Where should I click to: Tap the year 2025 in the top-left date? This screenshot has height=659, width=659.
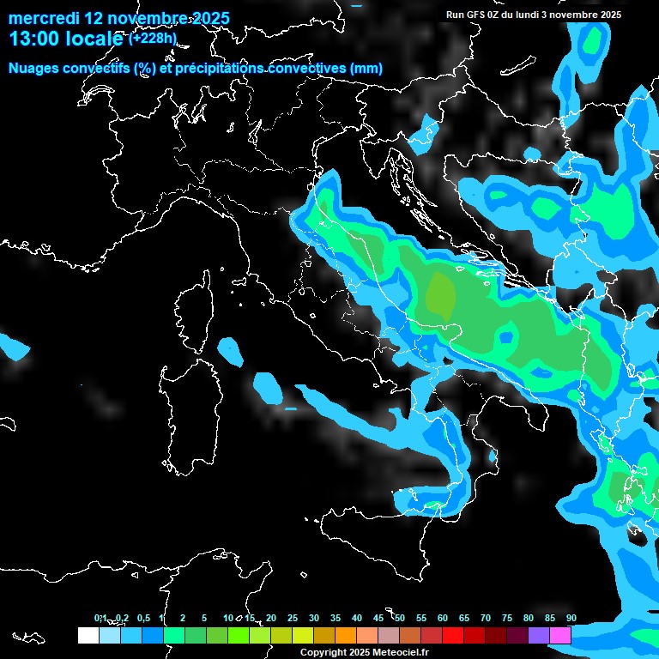coord(210,17)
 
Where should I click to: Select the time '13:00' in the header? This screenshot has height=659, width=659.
coord(35,39)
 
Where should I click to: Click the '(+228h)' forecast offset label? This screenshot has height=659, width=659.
coord(153,38)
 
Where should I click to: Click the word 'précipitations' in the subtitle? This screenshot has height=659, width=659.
coord(223,68)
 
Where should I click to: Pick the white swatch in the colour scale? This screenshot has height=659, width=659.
coord(88,635)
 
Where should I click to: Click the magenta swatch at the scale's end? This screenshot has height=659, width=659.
coord(560,635)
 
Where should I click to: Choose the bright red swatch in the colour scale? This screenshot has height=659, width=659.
coord(453,635)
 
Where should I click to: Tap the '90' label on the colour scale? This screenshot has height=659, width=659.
coord(571,618)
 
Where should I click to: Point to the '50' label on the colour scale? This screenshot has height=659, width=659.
coord(400,618)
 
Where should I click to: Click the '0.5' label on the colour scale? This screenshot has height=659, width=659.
coord(142,618)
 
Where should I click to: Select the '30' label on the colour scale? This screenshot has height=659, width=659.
coord(314,618)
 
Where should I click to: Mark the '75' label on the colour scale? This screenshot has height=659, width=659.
coord(507,618)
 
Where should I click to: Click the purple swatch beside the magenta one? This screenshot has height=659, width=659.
coord(539,635)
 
